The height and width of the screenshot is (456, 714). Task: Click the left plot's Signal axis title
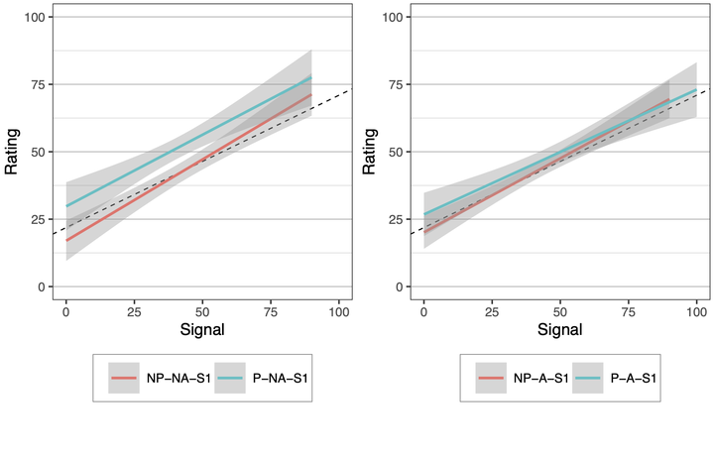(203, 326)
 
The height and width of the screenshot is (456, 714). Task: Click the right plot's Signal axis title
(560, 326)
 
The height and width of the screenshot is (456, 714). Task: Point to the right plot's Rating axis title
(369, 152)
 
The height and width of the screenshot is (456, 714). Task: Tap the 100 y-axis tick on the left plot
(34, 17)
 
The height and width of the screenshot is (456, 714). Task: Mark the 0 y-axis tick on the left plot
(41, 286)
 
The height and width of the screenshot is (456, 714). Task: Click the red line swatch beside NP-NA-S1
(124, 378)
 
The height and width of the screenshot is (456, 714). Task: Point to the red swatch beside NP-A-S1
(491, 378)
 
